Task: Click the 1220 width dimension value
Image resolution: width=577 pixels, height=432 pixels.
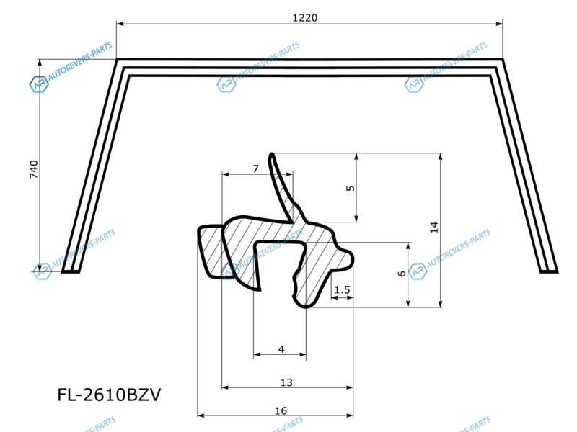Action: (x=304, y=17)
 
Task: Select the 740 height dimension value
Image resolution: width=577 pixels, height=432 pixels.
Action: (x=34, y=169)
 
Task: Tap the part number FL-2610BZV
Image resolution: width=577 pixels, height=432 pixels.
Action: (x=109, y=395)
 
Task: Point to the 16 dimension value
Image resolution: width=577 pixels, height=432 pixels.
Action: (x=281, y=410)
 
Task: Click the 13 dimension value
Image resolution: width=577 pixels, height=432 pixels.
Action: (x=286, y=382)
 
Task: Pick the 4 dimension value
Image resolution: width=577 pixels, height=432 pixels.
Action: (x=281, y=349)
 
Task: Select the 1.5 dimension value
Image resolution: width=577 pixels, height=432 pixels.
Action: (x=342, y=290)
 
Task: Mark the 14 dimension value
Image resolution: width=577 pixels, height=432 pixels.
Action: (x=434, y=227)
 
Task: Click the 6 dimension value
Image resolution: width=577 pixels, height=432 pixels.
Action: (x=402, y=274)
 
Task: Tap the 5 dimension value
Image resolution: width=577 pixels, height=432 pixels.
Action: (x=351, y=188)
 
